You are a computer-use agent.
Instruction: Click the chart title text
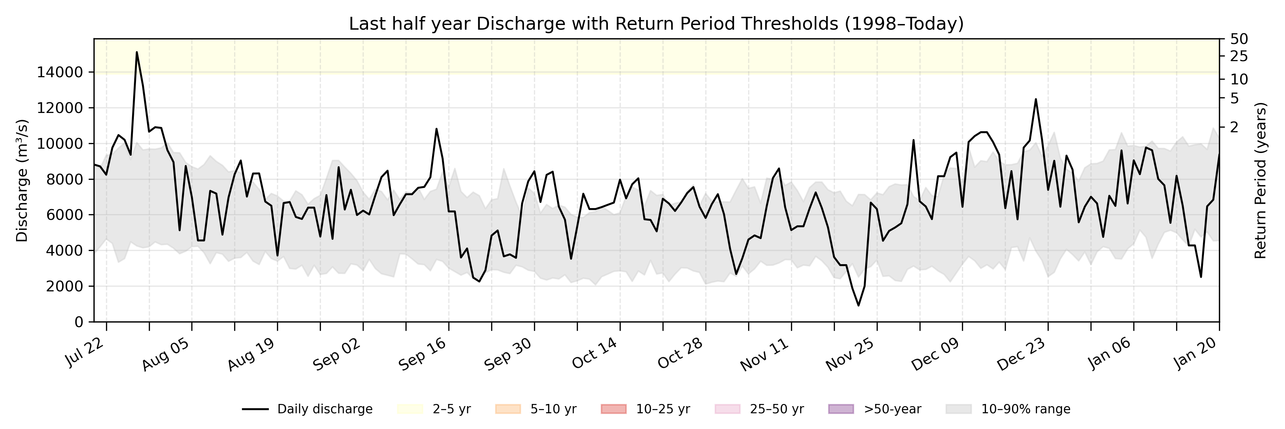click(x=656, y=24)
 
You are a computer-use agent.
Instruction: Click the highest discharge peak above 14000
click(x=137, y=53)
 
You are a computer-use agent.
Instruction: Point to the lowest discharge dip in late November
click(x=858, y=305)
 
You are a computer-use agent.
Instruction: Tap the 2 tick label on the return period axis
click(x=1234, y=127)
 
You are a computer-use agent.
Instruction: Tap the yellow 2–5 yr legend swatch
click(x=410, y=409)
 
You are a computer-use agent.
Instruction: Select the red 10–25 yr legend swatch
click(x=614, y=409)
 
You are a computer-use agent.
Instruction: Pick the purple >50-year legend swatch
click(x=841, y=409)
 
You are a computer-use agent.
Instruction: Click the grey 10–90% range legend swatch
click(x=958, y=409)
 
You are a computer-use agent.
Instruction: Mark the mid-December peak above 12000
click(x=1035, y=99)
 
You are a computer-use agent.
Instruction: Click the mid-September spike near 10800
click(x=437, y=129)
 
